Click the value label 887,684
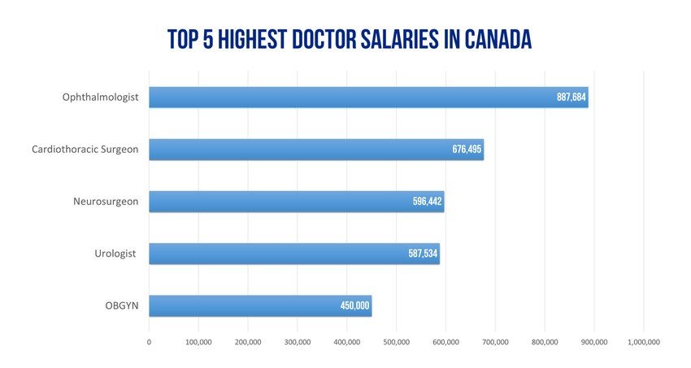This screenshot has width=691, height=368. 571,97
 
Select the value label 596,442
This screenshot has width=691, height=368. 428,201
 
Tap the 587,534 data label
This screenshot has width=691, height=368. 423,253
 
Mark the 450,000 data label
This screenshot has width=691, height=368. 354,305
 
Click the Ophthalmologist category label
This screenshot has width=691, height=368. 101,97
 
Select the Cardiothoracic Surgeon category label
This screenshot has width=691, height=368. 85,149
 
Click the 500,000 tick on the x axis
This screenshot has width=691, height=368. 397,342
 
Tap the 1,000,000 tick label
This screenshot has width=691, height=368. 643,342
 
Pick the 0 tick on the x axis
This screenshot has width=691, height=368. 149,342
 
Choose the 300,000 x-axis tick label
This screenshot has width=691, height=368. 298,342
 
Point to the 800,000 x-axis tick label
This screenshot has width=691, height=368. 545,342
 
